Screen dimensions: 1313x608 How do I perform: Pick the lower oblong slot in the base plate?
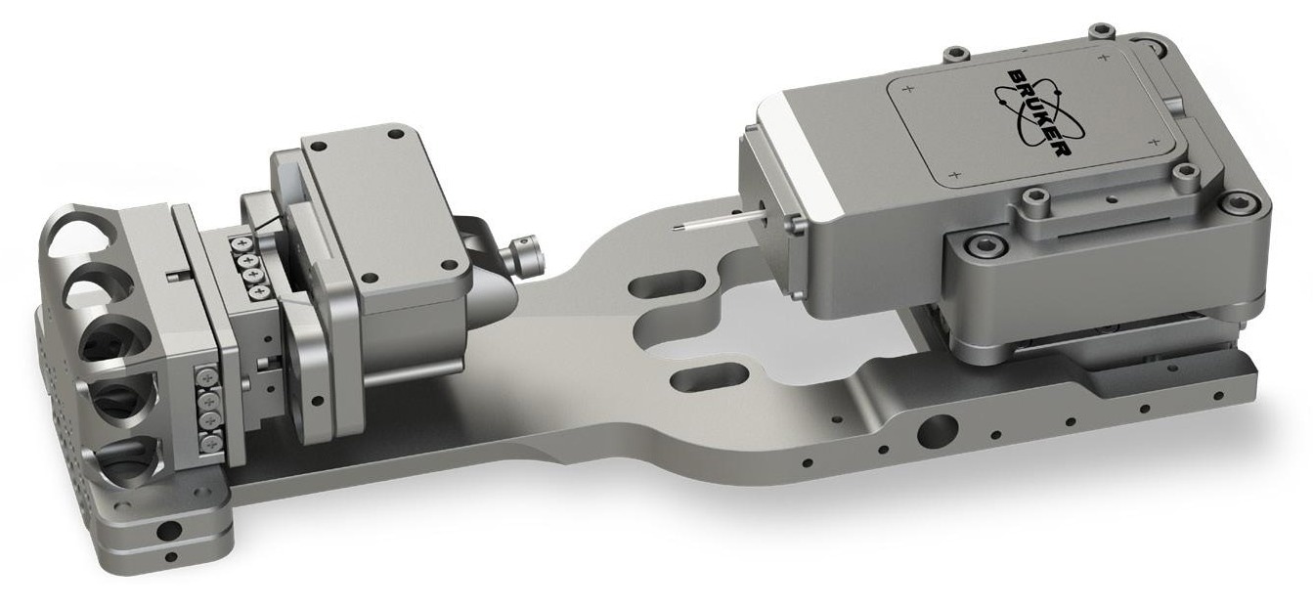(x=709, y=378)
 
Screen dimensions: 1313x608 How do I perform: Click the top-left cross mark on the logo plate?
(x=909, y=89)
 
